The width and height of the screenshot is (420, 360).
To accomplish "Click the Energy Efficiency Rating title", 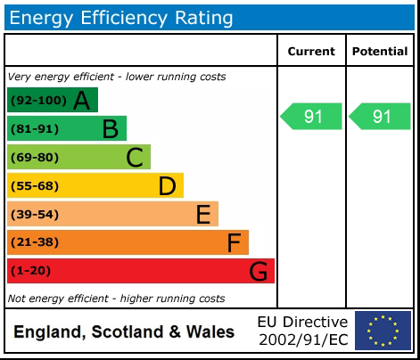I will (121, 17).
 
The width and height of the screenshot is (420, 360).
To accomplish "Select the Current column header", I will (311, 52).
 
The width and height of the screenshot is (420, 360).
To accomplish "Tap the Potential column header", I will (380, 52).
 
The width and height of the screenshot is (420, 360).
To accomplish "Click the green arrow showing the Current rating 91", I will (311, 117).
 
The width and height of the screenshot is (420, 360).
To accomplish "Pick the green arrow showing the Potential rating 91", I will (380, 117).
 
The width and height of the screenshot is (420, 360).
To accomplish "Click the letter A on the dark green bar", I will (82, 101).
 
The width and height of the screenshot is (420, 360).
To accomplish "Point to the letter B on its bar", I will (110, 129).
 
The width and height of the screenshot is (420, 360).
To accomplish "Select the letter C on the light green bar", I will (134, 158).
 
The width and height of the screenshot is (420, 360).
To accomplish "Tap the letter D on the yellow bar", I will (167, 186).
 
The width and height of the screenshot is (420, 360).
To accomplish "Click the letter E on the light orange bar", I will (202, 215).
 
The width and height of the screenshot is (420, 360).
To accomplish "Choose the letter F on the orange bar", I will (234, 242).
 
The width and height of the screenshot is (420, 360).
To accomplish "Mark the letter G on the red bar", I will (259, 271).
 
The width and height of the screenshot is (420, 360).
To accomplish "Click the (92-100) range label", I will (38, 101).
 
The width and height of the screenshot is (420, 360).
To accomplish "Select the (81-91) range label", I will (35, 129).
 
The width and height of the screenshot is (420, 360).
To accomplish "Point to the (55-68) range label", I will (35, 186).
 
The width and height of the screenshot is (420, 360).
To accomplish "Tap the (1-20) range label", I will (31, 271).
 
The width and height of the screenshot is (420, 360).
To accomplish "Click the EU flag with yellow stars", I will (383, 331).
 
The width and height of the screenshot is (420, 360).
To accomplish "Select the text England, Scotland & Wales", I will (124, 332).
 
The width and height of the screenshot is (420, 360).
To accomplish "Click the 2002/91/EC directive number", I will (302, 340).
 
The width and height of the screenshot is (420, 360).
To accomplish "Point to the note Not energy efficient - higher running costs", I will (116, 299).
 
